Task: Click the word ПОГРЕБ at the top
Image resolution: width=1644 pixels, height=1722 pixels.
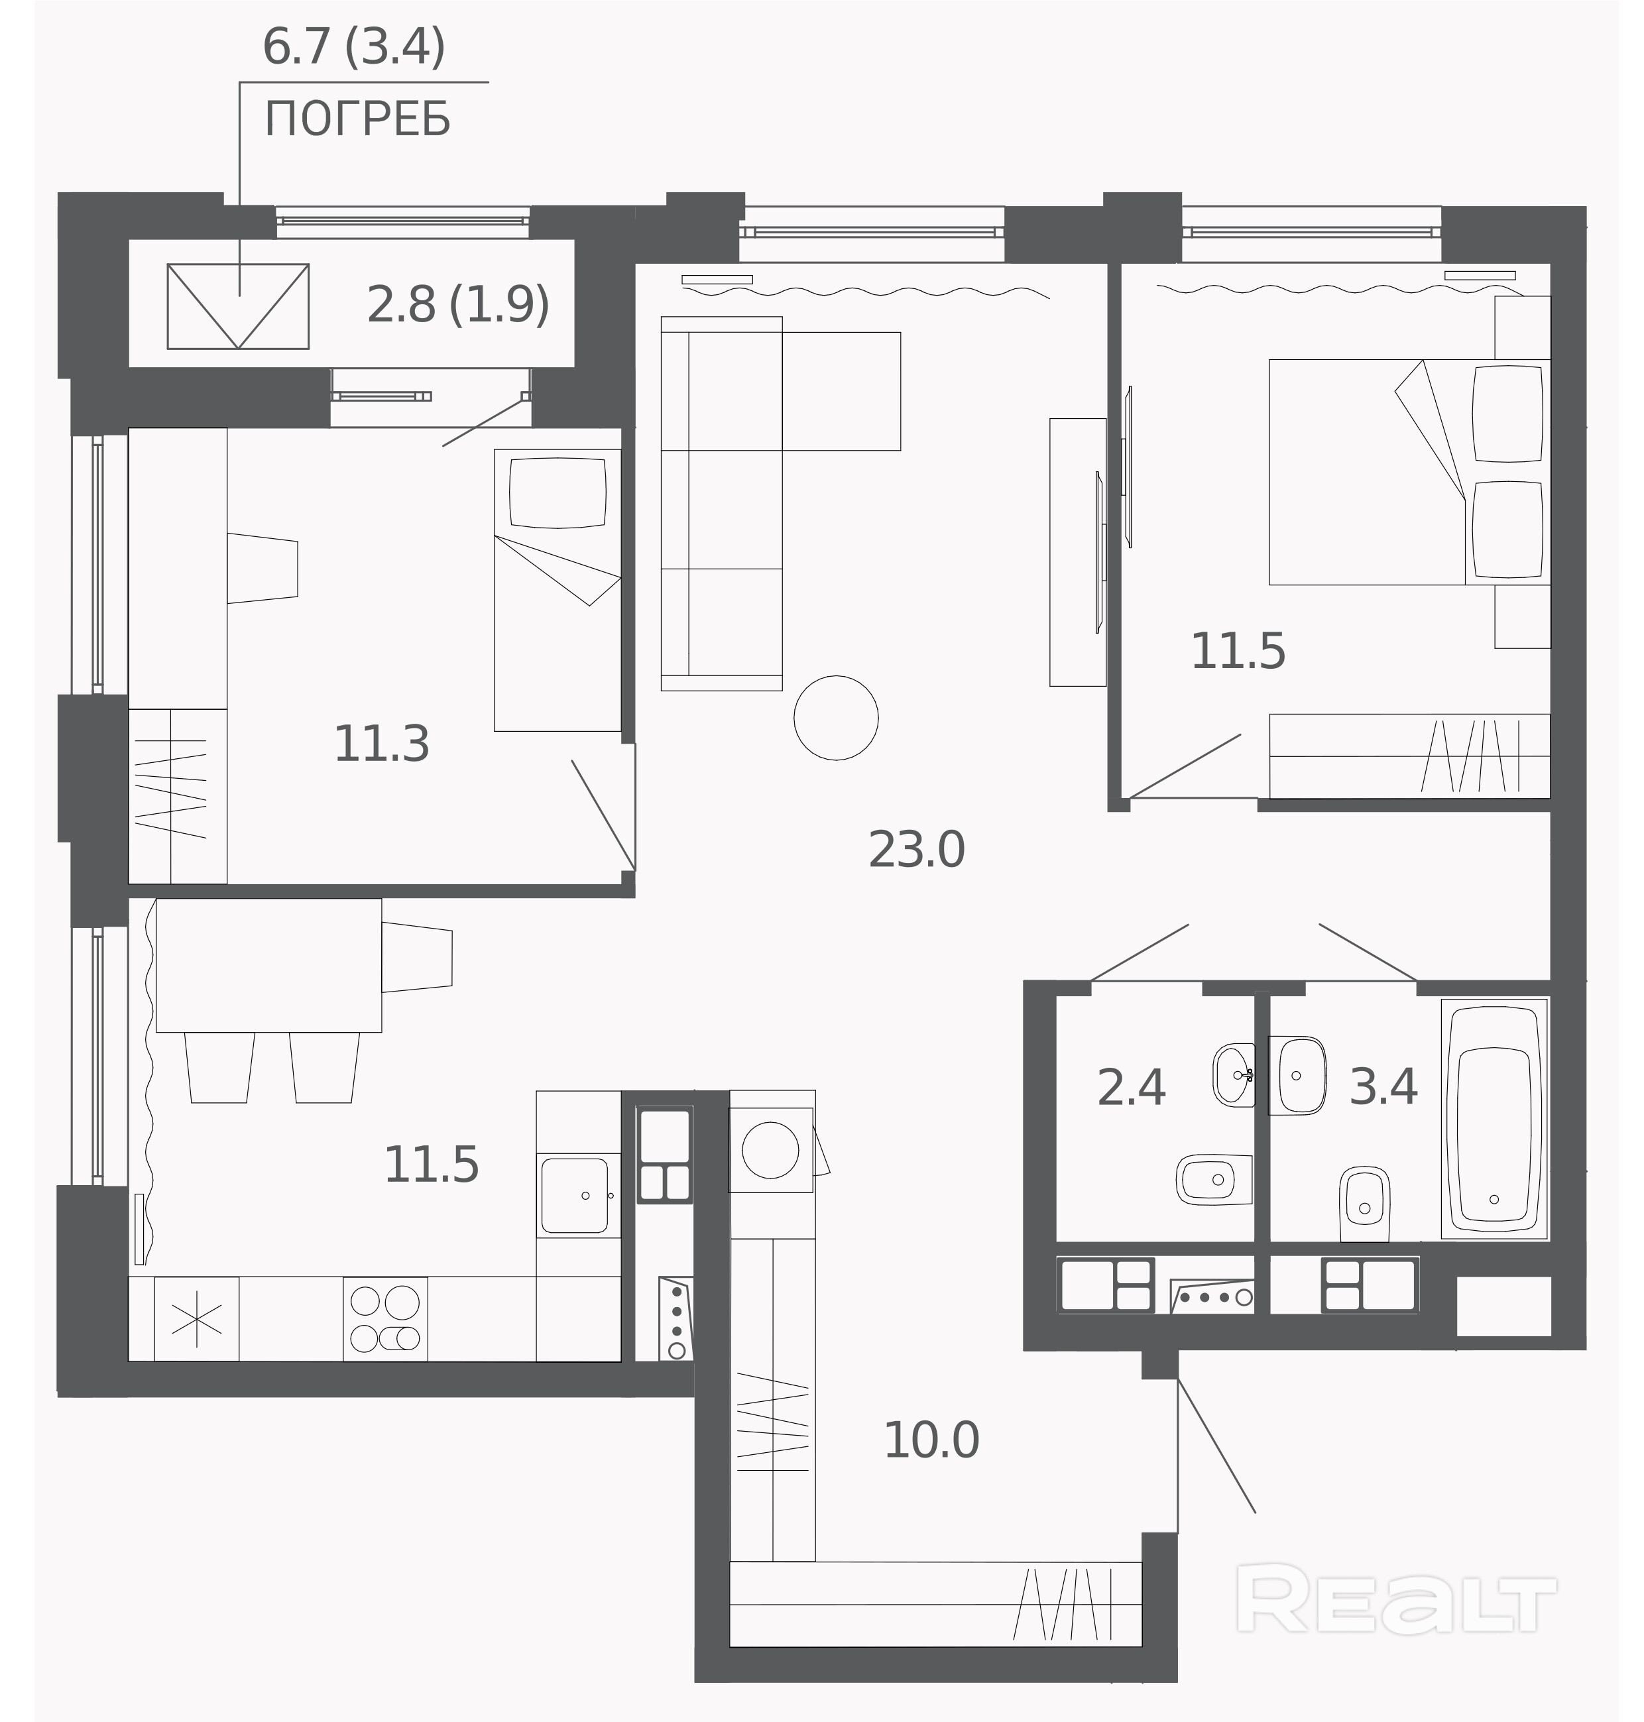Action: click(x=357, y=119)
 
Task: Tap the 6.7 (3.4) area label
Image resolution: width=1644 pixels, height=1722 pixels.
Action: click(x=354, y=47)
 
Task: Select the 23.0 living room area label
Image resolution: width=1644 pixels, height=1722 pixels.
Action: click(x=917, y=849)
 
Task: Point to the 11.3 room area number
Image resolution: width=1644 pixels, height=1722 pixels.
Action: click(x=381, y=743)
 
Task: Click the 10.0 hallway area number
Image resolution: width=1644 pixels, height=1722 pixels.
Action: click(x=931, y=1440)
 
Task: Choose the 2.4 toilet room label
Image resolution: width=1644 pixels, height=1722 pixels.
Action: click(x=1132, y=1088)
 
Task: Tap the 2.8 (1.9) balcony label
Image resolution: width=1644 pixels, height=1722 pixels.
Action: click(x=458, y=304)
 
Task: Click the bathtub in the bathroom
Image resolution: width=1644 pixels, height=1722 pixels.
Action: click(x=1494, y=1118)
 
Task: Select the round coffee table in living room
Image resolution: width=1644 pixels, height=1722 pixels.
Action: click(x=836, y=718)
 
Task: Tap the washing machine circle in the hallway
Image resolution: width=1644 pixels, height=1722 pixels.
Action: click(x=770, y=1150)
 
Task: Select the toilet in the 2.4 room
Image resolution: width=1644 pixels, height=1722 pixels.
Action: click(x=1214, y=1180)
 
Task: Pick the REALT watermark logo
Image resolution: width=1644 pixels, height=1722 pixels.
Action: click(x=1395, y=1599)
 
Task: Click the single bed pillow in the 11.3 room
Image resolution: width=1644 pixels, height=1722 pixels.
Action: click(x=558, y=493)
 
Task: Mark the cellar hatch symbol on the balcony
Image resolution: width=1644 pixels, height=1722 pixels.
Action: click(x=239, y=307)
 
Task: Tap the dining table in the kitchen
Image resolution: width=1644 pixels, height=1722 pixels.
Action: click(x=269, y=965)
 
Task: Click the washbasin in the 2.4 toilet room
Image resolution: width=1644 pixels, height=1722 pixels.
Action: click(x=1234, y=1075)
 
